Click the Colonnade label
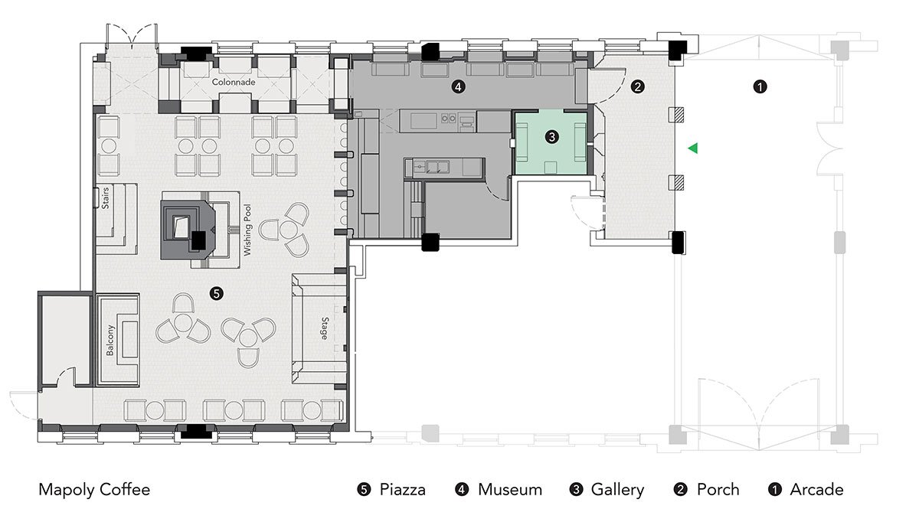click(x=234, y=82)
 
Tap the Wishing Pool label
click(x=247, y=230)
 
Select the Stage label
click(x=325, y=328)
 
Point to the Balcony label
click(x=110, y=341)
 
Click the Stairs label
click(x=105, y=198)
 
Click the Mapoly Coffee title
click(x=94, y=490)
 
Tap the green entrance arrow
click(x=693, y=148)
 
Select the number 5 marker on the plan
click(x=216, y=293)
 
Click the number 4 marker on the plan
click(x=458, y=86)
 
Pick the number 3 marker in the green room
click(x=552, y=137)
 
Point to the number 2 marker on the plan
click(x=637, y=86)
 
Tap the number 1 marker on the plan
click(x=760, y=86)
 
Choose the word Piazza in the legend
click(x=403, y=490)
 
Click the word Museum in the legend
click(x=510, y=490)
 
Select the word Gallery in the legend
click(x=617, y=490)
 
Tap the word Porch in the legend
click(x=718, y=490)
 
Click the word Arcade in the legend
click(x=817, y=490)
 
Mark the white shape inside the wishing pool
click(x=181, y=227)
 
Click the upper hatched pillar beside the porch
click(x=677, y=115)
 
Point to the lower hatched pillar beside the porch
click(x=677, y=182)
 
